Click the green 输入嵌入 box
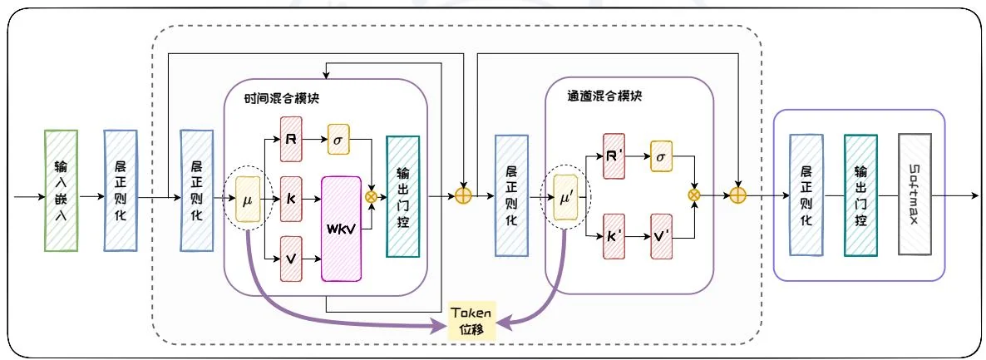click(61, 190)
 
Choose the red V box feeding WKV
click(291, 259)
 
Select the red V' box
click(661, 238)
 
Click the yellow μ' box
click(565, 200)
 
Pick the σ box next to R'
click(661, 156)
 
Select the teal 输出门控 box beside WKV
click(403, 196)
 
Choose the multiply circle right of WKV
click(372, 197)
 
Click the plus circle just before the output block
click(738, 197)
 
